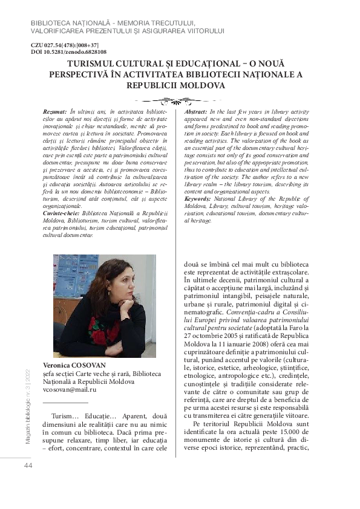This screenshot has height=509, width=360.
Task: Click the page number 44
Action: (28, 465)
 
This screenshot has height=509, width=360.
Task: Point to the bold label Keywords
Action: (198, 198)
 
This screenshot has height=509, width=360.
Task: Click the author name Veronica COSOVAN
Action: (74, 366)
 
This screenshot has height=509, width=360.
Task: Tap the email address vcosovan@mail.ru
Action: (70, 390)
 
